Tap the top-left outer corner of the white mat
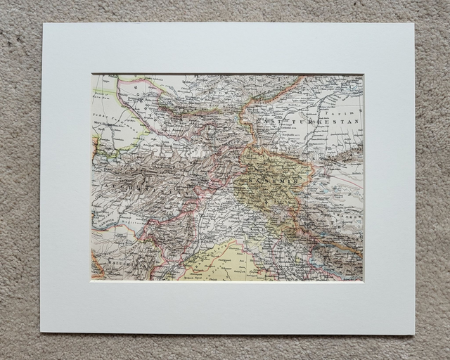[x=42, y=23]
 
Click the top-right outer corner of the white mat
[x=414, y=23]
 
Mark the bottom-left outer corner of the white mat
[x=40, y=332]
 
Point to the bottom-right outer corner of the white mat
[x=415, y=335]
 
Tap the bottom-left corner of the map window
[x=91, y=281]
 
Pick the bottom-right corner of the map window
[x=364, y=282]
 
